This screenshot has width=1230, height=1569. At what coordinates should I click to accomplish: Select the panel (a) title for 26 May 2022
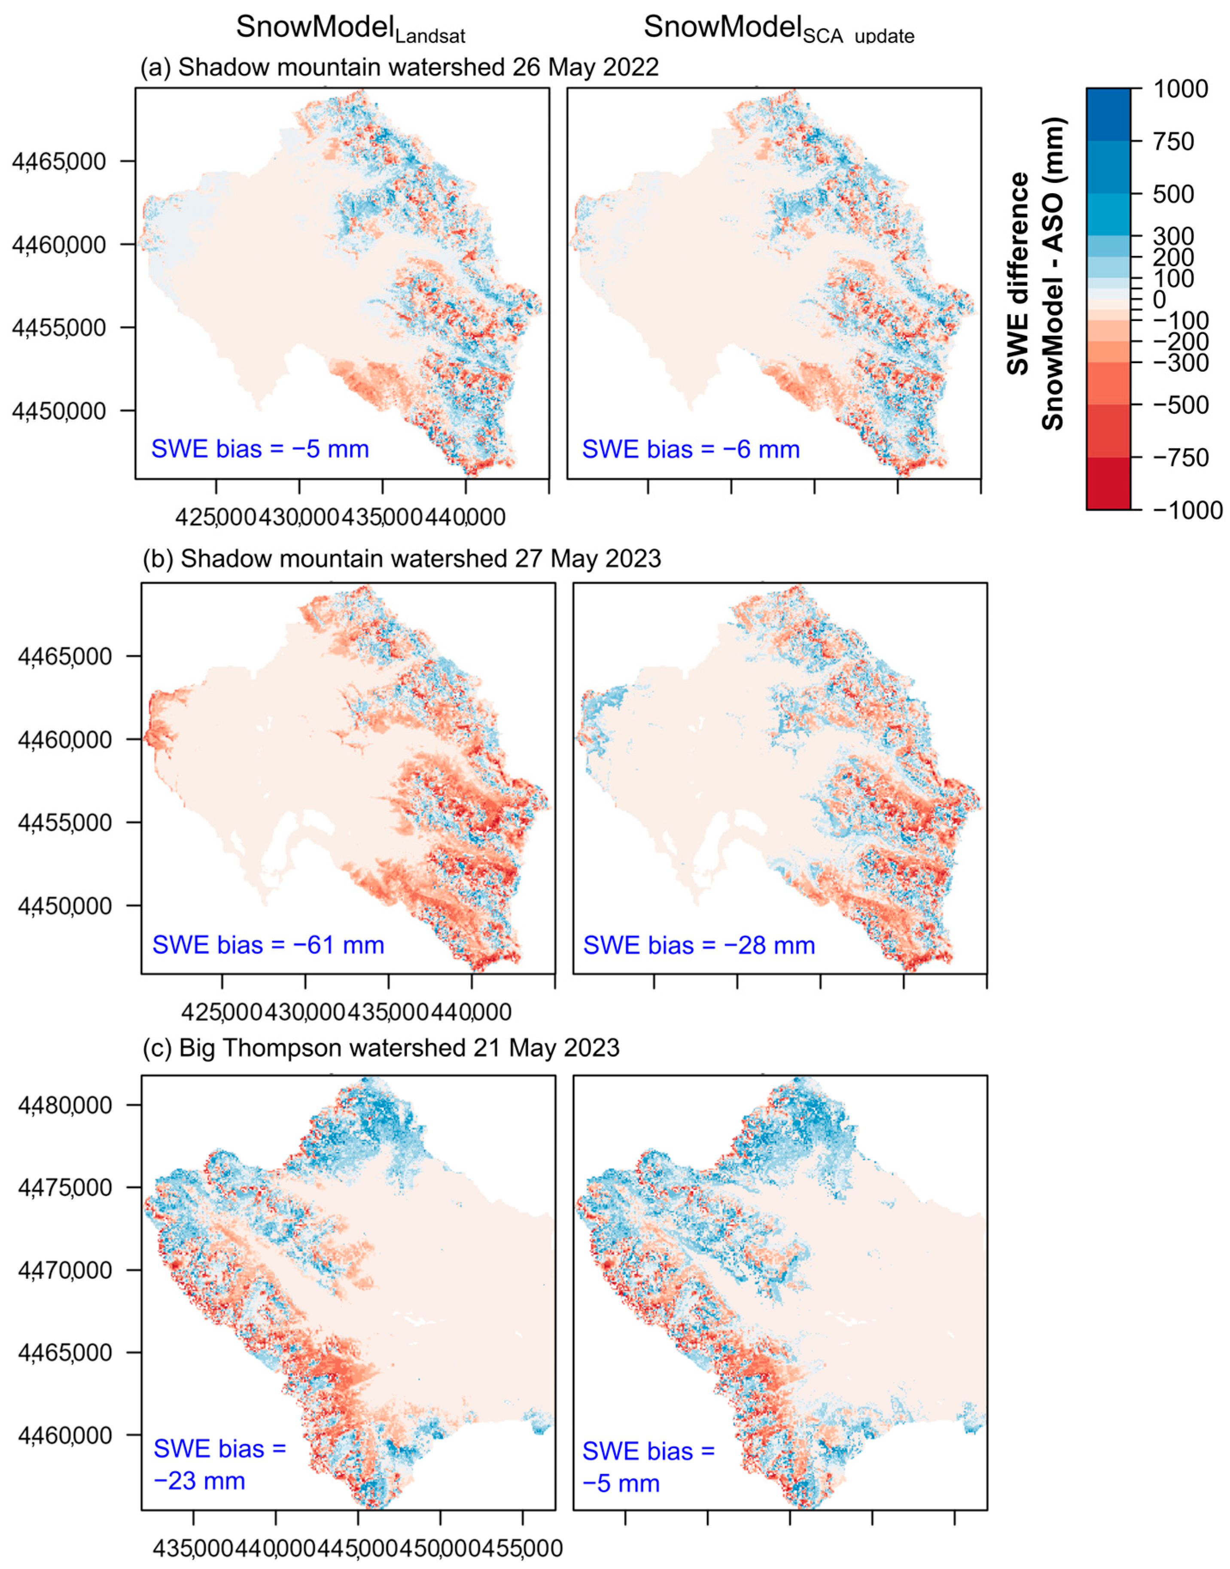coord(400,68)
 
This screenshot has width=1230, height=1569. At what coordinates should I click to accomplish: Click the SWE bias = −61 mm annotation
coord(268,945)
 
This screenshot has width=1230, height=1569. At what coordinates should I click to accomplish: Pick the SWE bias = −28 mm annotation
coord(699,945)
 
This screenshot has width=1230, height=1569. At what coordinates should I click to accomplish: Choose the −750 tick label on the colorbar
coord(1181,458)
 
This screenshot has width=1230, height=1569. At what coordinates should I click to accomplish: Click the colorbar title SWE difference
coord(1017,273)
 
